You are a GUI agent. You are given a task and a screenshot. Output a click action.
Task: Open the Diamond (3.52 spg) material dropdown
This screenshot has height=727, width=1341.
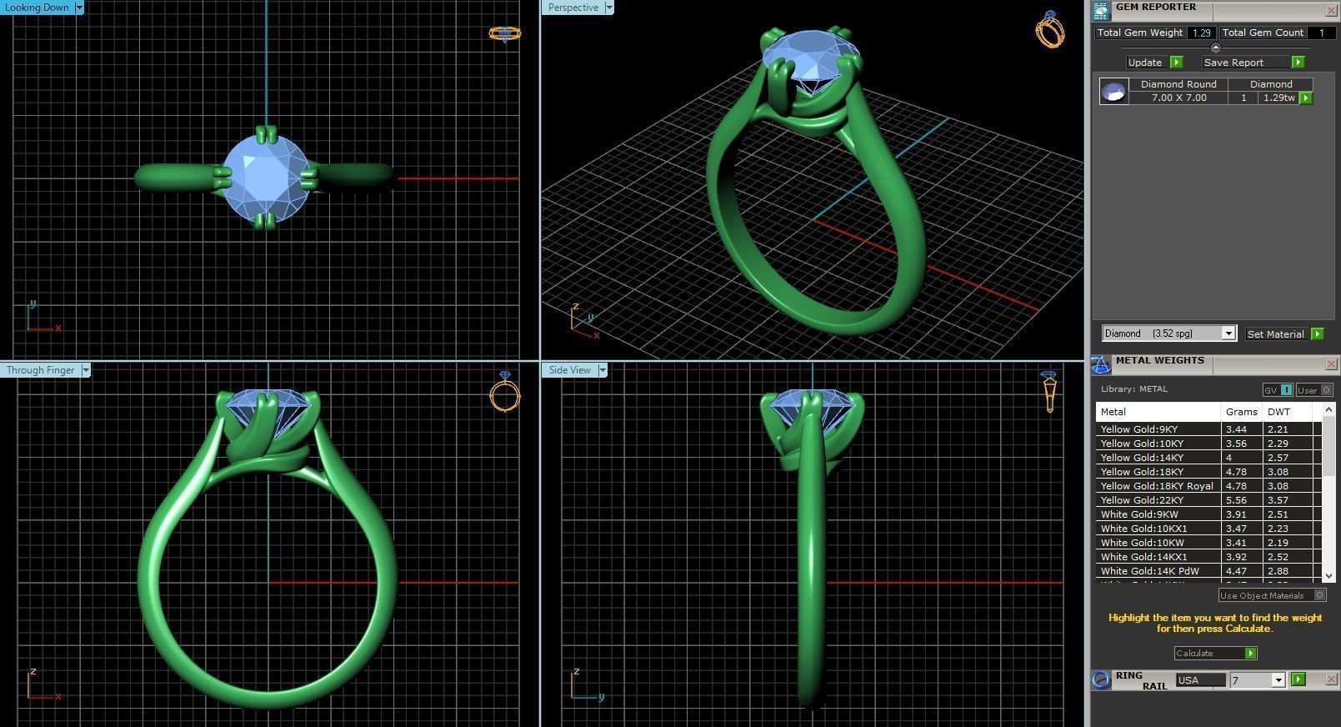[1228, 333]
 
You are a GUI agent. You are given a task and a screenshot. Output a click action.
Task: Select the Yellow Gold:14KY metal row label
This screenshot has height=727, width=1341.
[1142, 458]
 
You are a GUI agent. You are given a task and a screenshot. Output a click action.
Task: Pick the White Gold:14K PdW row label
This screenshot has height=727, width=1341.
[1149, 571]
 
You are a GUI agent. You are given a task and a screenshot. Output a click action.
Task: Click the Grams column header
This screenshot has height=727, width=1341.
[1241, 412]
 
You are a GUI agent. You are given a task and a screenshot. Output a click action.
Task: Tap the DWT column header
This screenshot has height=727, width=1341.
[1278, 412]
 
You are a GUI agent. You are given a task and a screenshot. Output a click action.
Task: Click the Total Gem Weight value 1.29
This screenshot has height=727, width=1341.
[1201, 33]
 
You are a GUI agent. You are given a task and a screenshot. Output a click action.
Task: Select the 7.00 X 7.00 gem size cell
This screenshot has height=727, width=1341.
[1178, 98]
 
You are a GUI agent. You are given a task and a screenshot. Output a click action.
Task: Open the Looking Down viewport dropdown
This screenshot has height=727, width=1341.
[79, 8]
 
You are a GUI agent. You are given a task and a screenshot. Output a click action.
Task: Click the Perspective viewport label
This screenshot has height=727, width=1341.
[573, 8]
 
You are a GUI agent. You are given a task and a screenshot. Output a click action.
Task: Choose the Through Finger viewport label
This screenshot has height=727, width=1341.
[40, 370]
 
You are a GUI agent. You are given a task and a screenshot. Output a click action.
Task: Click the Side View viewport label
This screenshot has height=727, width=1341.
[569, 370]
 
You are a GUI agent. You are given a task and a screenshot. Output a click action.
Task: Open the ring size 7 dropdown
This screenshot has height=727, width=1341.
[1278, 680]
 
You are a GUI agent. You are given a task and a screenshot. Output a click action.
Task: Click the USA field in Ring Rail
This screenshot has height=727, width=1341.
[1200, 680]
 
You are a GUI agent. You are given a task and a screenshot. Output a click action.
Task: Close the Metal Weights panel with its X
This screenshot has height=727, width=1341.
[1331, 364]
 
